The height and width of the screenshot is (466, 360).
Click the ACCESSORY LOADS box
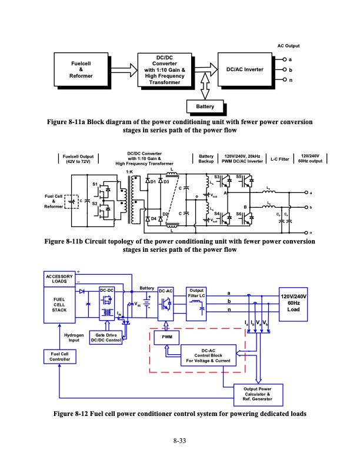tap(59, 279)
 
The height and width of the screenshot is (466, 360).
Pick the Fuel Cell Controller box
tap(59, 357)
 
